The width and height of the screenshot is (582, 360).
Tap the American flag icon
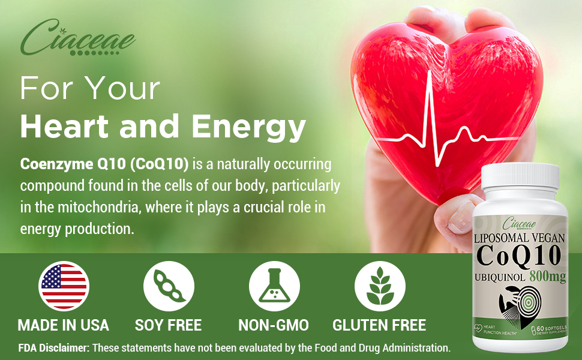point(64,286)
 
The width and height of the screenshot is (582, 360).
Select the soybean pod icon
point(169,286)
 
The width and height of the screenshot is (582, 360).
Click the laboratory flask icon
point(274,286)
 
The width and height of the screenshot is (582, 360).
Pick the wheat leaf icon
point(380,286)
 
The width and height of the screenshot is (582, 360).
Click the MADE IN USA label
point(64,326)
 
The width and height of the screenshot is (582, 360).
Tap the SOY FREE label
point(169,326)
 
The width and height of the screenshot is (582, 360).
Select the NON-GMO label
point(274,326)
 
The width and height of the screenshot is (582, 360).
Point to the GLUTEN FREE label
point(380,326)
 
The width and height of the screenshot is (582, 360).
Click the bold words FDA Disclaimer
point(53,347)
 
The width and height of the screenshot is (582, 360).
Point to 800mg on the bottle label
point(547,277)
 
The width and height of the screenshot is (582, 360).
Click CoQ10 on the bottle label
point(520,256)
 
